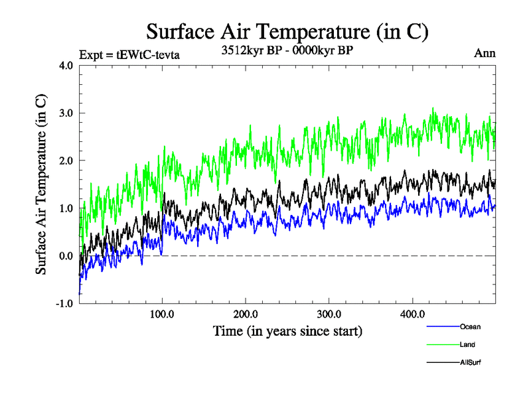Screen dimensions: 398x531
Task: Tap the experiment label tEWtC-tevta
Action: (129, 54)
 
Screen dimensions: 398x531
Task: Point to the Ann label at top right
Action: (485, 53)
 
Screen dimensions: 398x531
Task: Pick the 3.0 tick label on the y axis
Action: (66, 113)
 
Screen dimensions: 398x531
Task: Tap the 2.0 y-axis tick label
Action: (66, 161)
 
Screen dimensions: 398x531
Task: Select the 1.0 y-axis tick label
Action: (66, 208)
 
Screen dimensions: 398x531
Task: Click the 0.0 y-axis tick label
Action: (66, 256)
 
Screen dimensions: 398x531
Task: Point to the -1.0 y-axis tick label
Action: (64, 304)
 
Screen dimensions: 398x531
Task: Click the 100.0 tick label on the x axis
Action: (163, 314)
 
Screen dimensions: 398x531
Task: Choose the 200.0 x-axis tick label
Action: (246, 314)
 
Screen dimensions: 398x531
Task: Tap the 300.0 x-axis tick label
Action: (329, 314)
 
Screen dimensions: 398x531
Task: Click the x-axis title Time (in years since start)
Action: (287, 330)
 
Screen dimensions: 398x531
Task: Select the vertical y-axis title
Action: (41, 184)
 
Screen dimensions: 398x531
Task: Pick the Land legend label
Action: (467, 344)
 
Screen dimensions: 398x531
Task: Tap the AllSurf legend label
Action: (470, 362)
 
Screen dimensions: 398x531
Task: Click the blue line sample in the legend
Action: (442, 327)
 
